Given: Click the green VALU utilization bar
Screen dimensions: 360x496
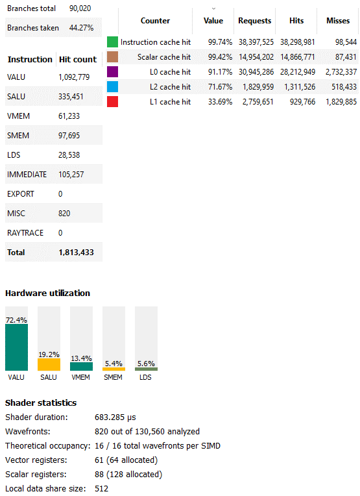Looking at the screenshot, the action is point(16,347).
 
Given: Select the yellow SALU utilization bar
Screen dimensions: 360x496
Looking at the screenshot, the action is point(49,364).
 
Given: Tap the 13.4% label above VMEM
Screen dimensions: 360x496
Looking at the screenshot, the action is point(81,358).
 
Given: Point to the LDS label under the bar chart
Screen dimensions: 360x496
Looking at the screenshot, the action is point(145,377).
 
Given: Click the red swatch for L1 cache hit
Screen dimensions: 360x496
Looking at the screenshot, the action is point(112,101).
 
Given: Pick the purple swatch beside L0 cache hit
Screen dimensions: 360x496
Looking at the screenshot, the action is point(112,72).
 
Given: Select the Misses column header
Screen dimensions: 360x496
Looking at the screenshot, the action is point(338,21).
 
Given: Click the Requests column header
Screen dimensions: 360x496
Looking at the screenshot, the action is point(255,21).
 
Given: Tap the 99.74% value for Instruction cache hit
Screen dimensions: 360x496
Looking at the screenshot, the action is point(220,42).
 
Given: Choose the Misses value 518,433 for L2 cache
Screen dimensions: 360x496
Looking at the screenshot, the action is point(344,87).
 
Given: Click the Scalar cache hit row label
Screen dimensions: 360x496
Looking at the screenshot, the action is point(164,57).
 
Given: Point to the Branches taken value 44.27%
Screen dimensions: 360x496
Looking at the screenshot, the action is point(81,28).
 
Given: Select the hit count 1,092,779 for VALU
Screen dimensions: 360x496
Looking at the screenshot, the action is point(74,77).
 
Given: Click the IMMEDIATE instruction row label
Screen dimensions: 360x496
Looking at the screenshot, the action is point(27,174).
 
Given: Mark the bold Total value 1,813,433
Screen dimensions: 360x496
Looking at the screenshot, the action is point(76,253).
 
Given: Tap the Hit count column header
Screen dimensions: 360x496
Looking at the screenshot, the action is point(78,60).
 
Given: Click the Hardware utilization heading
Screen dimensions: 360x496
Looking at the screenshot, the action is point(48,293).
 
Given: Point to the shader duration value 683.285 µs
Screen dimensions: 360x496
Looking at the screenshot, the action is point(115,417).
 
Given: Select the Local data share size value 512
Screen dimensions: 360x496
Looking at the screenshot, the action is point(101,489).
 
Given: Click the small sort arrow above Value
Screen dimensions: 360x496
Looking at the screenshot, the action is point(213,8).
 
